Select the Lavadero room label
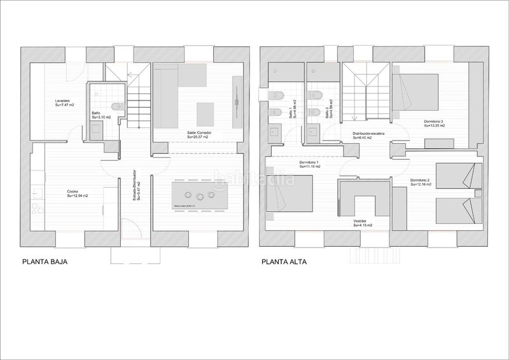coord(62,101)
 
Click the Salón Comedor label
coord(199,132)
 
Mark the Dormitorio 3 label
coord(435,121)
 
